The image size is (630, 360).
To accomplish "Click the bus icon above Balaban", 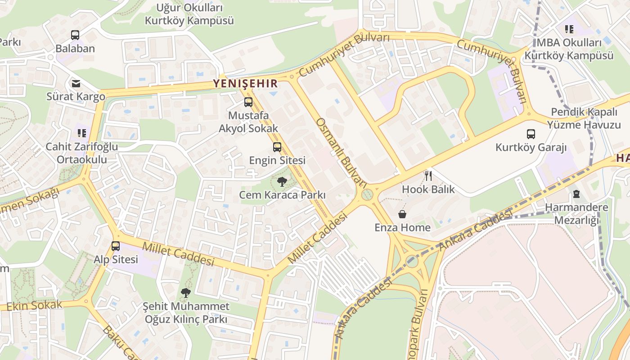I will [x=75, y=35].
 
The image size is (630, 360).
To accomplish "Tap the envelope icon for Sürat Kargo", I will [x=76, y=83].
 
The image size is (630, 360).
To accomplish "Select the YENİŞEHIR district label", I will [x=245, y=83].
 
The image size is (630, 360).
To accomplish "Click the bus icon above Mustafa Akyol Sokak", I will [x=248, y=102].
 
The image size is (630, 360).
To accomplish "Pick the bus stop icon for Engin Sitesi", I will [x=277, y=147].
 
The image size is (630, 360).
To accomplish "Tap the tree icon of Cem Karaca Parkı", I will [x=282, y=182].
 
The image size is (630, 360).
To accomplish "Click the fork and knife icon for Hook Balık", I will [x=428, y=175].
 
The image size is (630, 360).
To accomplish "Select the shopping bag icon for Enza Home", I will [x=402, y=214].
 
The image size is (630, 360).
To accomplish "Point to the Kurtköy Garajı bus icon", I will [x=531, y=134].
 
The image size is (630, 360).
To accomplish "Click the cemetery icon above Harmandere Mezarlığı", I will [x=576, y=194].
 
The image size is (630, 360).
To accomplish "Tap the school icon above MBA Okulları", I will [x=569, y=29].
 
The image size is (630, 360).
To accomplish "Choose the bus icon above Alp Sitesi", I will [x=116, y=246].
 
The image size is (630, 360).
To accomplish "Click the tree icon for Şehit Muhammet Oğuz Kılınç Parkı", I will [x=185, y=293].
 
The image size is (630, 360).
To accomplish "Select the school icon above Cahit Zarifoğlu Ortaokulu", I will [x=81, y=133].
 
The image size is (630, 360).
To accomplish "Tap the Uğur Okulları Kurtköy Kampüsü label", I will [x=189, y=14].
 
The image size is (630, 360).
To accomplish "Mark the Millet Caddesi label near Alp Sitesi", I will [x=178, y=254].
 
